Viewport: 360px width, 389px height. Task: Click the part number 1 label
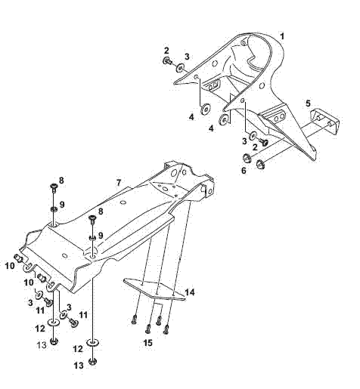(x=282, y=36)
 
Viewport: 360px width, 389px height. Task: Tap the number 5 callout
(x=308, y=103)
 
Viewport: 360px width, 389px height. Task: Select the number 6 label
(x=244, y=171)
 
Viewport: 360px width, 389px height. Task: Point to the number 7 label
(x=119, y=183)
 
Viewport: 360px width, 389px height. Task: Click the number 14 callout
(x=190, y=292)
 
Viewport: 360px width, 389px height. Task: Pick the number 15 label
(x=148, y=343)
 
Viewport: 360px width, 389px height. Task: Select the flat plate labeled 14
(x=154, y=289)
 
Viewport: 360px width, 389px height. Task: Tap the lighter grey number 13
(x=42, y=345)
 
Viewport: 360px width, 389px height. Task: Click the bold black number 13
(x=79, y=366)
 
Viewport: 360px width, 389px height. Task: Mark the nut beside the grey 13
(x=54, y=341)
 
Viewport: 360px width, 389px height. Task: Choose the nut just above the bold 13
(x=93, y=362)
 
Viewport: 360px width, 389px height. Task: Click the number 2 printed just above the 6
(x=255, y=147)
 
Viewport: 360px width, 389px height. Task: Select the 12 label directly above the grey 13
(x=40, y=329)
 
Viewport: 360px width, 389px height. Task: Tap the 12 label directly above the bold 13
(x=78, y=349)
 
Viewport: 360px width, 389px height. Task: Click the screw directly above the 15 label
(x=148, y=329)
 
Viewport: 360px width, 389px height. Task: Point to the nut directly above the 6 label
(x=246, y=158)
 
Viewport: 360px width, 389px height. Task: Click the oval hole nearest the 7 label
(x=123, y=202)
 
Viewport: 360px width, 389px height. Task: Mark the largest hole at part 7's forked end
(x=174, y=172)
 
